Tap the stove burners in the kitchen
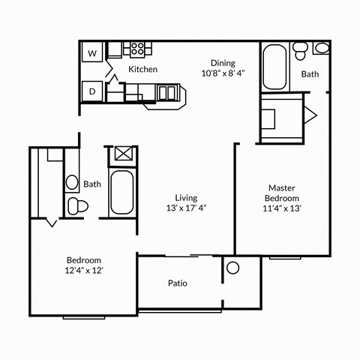(137, 49)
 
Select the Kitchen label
(142, 69)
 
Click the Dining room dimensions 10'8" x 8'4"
(223, 73)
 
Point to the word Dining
(223, 63)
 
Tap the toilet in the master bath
(300, 50)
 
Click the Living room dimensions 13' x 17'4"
(185, 208)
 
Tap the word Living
(185, 197)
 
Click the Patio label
(177, 283)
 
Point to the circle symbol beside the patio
(232, 268)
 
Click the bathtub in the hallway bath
(121, 192)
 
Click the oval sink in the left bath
(73, 182)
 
